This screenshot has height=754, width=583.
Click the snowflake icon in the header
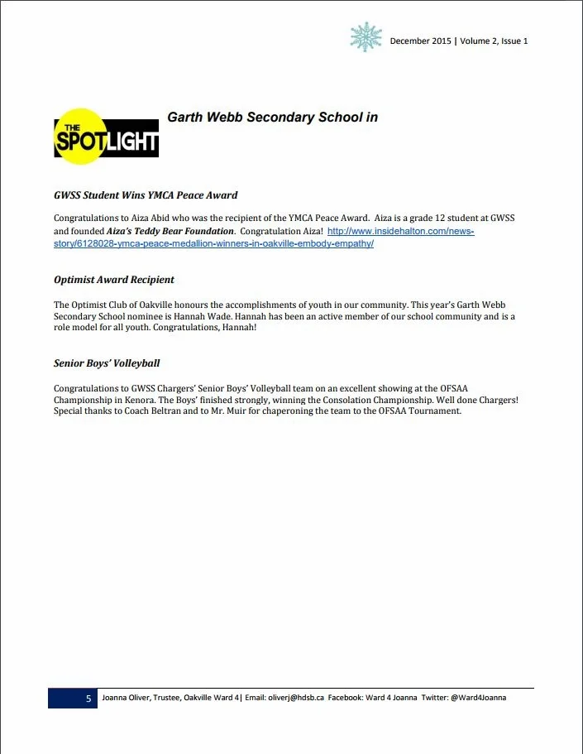tap(366, 37)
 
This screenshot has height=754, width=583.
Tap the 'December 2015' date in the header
tap(420, 41)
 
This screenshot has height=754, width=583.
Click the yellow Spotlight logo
tap(105, 137)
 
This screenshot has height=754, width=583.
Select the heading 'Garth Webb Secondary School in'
tap(272, 118)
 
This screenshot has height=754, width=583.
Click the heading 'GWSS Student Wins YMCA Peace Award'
tap(146, 195)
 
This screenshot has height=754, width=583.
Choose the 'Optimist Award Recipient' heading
tap(114, 280)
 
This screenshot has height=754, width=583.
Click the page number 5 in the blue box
tap(88, 699)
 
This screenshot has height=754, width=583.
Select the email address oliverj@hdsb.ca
tap(295, 699)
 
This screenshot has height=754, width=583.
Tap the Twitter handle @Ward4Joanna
tap(478, 699)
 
